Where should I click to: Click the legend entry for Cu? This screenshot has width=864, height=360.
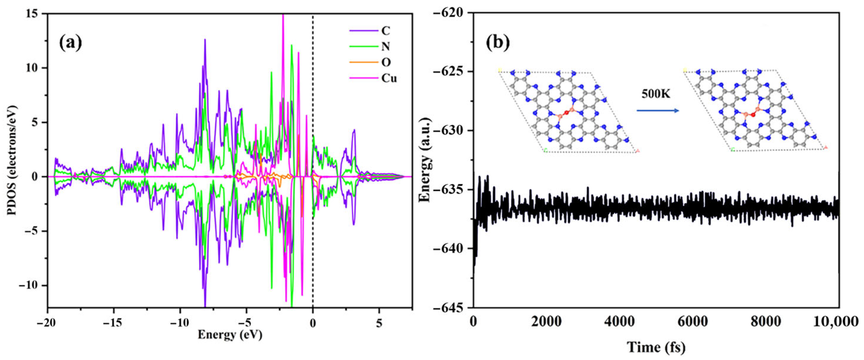coord(389,78)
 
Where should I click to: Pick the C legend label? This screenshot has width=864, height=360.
coord(386,31)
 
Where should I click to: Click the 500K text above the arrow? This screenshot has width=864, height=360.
coord(656,94)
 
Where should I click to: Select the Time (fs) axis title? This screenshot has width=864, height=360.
coord(656,347)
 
